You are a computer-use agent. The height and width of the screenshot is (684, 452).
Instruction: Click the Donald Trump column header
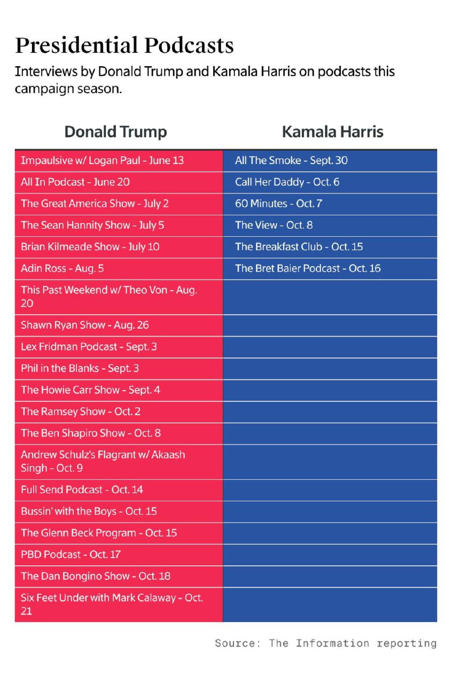click(x=115, y=132)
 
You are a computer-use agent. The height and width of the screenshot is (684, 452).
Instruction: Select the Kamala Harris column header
click(x=332, y=132)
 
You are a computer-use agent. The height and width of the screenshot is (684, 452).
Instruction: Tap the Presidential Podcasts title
click(x=124, y=46)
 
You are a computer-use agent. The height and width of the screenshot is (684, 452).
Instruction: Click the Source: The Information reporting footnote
click(x=325, y=643)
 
